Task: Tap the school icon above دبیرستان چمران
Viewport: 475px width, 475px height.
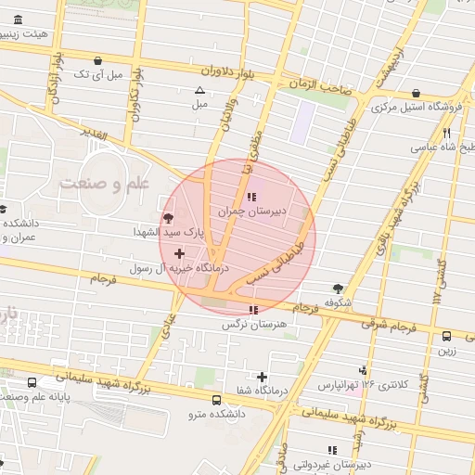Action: (x=251, y=197)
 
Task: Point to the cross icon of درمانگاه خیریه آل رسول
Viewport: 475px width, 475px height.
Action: (x=179, y=253)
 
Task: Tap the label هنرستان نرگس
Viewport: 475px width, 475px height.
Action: (x=250, y=325)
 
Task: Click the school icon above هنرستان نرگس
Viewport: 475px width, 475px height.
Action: (x=253, y=310)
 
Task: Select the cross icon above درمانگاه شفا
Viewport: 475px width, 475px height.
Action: (x=263, y=377)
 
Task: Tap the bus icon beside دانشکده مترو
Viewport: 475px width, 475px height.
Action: (x=216, y=400)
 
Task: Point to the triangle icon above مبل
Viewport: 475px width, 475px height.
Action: (x=199, y=91)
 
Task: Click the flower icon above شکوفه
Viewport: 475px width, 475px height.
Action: (x=338, y=289)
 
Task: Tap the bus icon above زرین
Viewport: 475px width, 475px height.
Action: (x=447, y=337)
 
